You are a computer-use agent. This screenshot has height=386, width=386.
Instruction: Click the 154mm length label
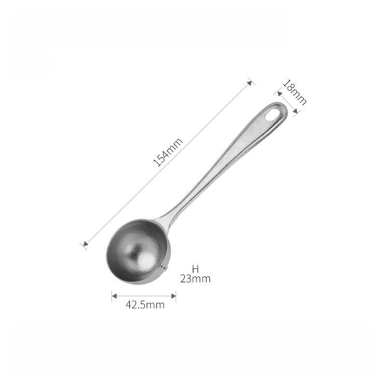pyautogui.click(x=168, y=152)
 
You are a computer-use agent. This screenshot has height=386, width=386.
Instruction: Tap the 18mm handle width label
pyautogui.click(x=294, y=92)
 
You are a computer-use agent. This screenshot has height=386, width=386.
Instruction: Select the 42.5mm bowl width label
pyautogui.click(x=145, y=305)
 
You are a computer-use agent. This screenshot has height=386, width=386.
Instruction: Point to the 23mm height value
pyautogui.click(x=195, y=279)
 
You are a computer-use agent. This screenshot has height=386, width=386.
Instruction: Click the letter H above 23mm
pyautogui.click(x=195, y=269)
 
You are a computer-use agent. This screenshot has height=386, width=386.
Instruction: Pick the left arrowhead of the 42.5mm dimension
pyautogui.click(x=114, y=296)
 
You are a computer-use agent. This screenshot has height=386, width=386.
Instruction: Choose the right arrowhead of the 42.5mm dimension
pyautogui.click(x=173, y=296)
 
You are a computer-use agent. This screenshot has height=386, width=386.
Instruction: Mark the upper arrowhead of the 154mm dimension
pyautogui.click(x=249, y=83)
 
